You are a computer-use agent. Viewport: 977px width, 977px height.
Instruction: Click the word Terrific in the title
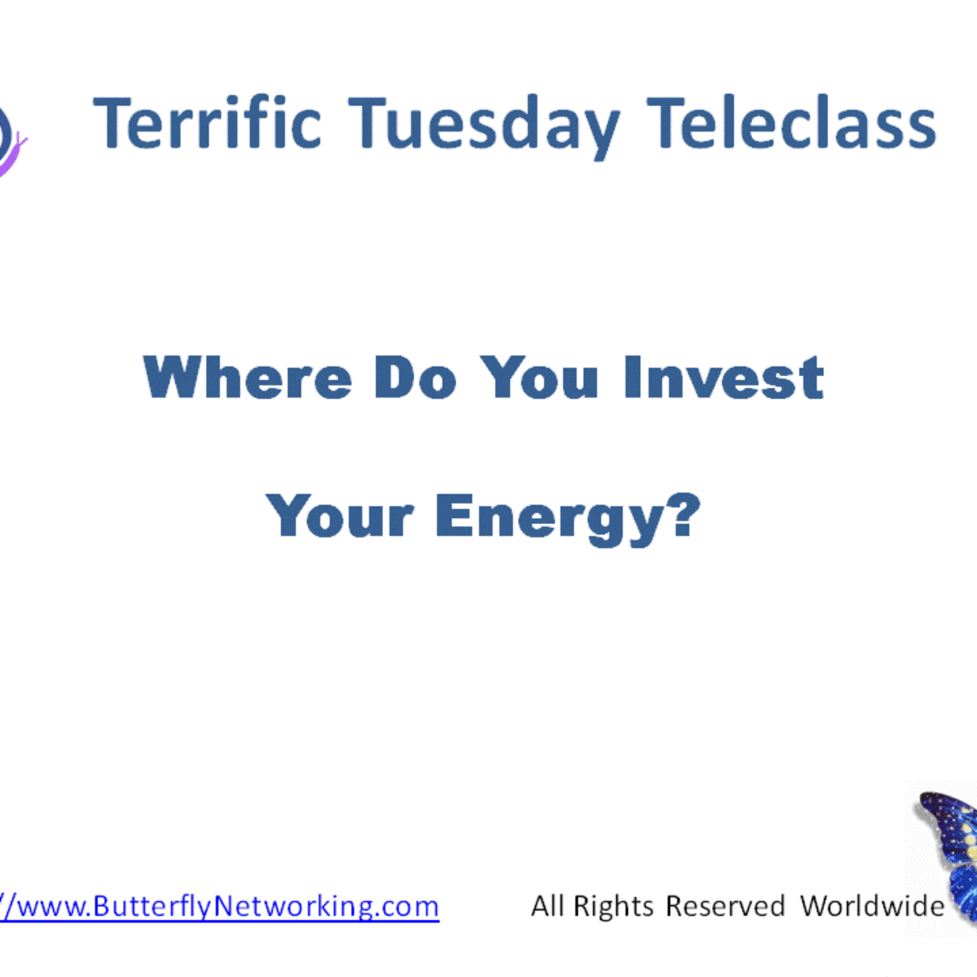[x=207, y=124]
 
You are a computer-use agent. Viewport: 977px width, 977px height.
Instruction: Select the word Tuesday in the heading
[x=483, y=126]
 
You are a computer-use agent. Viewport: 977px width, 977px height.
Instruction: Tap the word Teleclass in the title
[x=791, y=124]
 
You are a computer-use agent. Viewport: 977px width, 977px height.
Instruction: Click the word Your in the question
[x=340, y=517]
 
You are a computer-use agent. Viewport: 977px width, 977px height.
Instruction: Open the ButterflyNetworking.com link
[x=219, y=907]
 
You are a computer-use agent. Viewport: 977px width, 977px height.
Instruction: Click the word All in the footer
[x=547, y=907]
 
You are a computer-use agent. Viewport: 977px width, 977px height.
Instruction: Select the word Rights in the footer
[x=613, y=907]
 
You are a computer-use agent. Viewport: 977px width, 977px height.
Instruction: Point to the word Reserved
[x=725, y=907]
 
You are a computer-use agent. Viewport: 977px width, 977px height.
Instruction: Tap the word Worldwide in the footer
[x=872, y=907]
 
